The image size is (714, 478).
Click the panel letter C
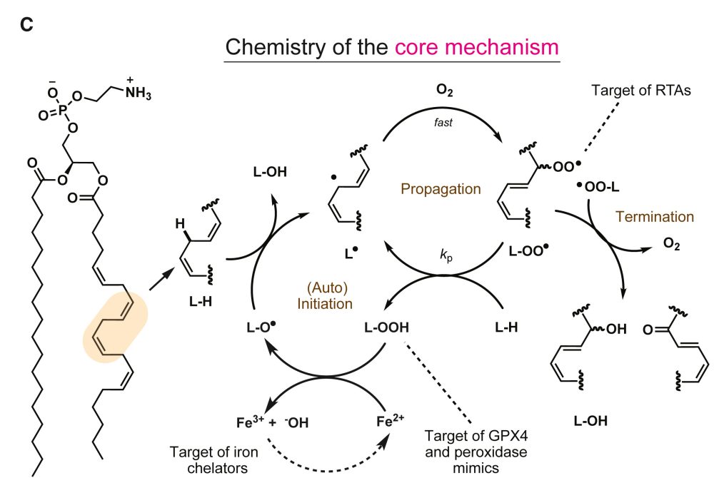pos(26,24)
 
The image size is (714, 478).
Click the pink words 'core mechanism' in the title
pos(477,47)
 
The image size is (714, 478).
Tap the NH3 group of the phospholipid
pos(138,92)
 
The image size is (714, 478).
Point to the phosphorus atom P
pos(62,111)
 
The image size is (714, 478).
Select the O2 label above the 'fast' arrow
pos(444,90)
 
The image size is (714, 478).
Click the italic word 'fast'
pos(443,122)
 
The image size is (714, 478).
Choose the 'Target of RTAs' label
pos(640,91)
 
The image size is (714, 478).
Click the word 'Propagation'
pos(441,189)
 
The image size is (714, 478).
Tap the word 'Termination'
pos(655,216)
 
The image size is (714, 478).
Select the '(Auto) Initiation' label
pos(325,295)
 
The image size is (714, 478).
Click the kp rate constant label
pos(446,255)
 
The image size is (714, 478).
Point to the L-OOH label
pos(386,327)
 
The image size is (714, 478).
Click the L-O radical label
pos(261,327)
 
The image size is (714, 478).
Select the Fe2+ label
pos(391,421)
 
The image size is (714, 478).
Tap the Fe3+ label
pos(250,422)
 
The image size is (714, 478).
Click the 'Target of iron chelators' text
pos(214,460)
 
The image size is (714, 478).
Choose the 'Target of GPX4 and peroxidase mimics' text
pos(476,452)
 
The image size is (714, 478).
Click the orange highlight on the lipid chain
pos(115,327)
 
